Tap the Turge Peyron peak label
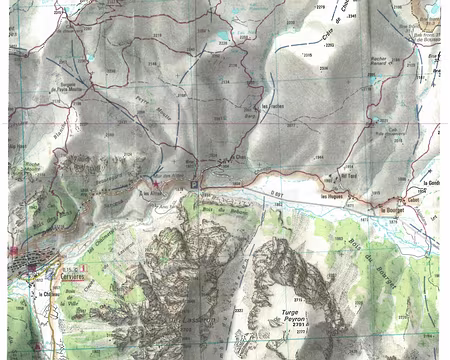pos(298,315)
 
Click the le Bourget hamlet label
pos(391,211)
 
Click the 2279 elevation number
pos(321,7)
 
